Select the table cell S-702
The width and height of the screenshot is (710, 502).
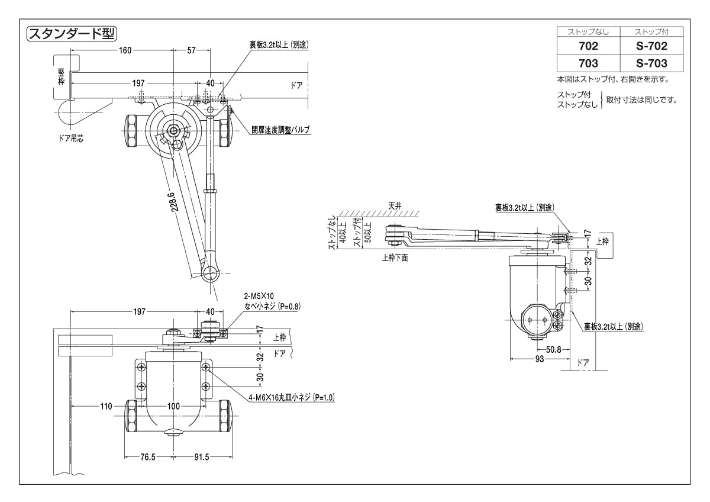click(651, 46)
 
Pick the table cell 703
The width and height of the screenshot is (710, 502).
click(588, 63)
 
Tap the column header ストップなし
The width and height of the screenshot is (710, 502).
click(588, 31)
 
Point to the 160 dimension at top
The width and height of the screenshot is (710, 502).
click(125, 50)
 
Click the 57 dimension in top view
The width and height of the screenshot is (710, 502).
click(192, 50)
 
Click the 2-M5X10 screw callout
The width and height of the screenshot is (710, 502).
click(259, 295)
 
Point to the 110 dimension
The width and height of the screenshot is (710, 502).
click(106, 406)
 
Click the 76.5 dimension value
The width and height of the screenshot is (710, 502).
click(147, 457)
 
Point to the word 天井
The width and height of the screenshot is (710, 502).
click(395, 205)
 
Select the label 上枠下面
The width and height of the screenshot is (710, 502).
click(395, 258)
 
